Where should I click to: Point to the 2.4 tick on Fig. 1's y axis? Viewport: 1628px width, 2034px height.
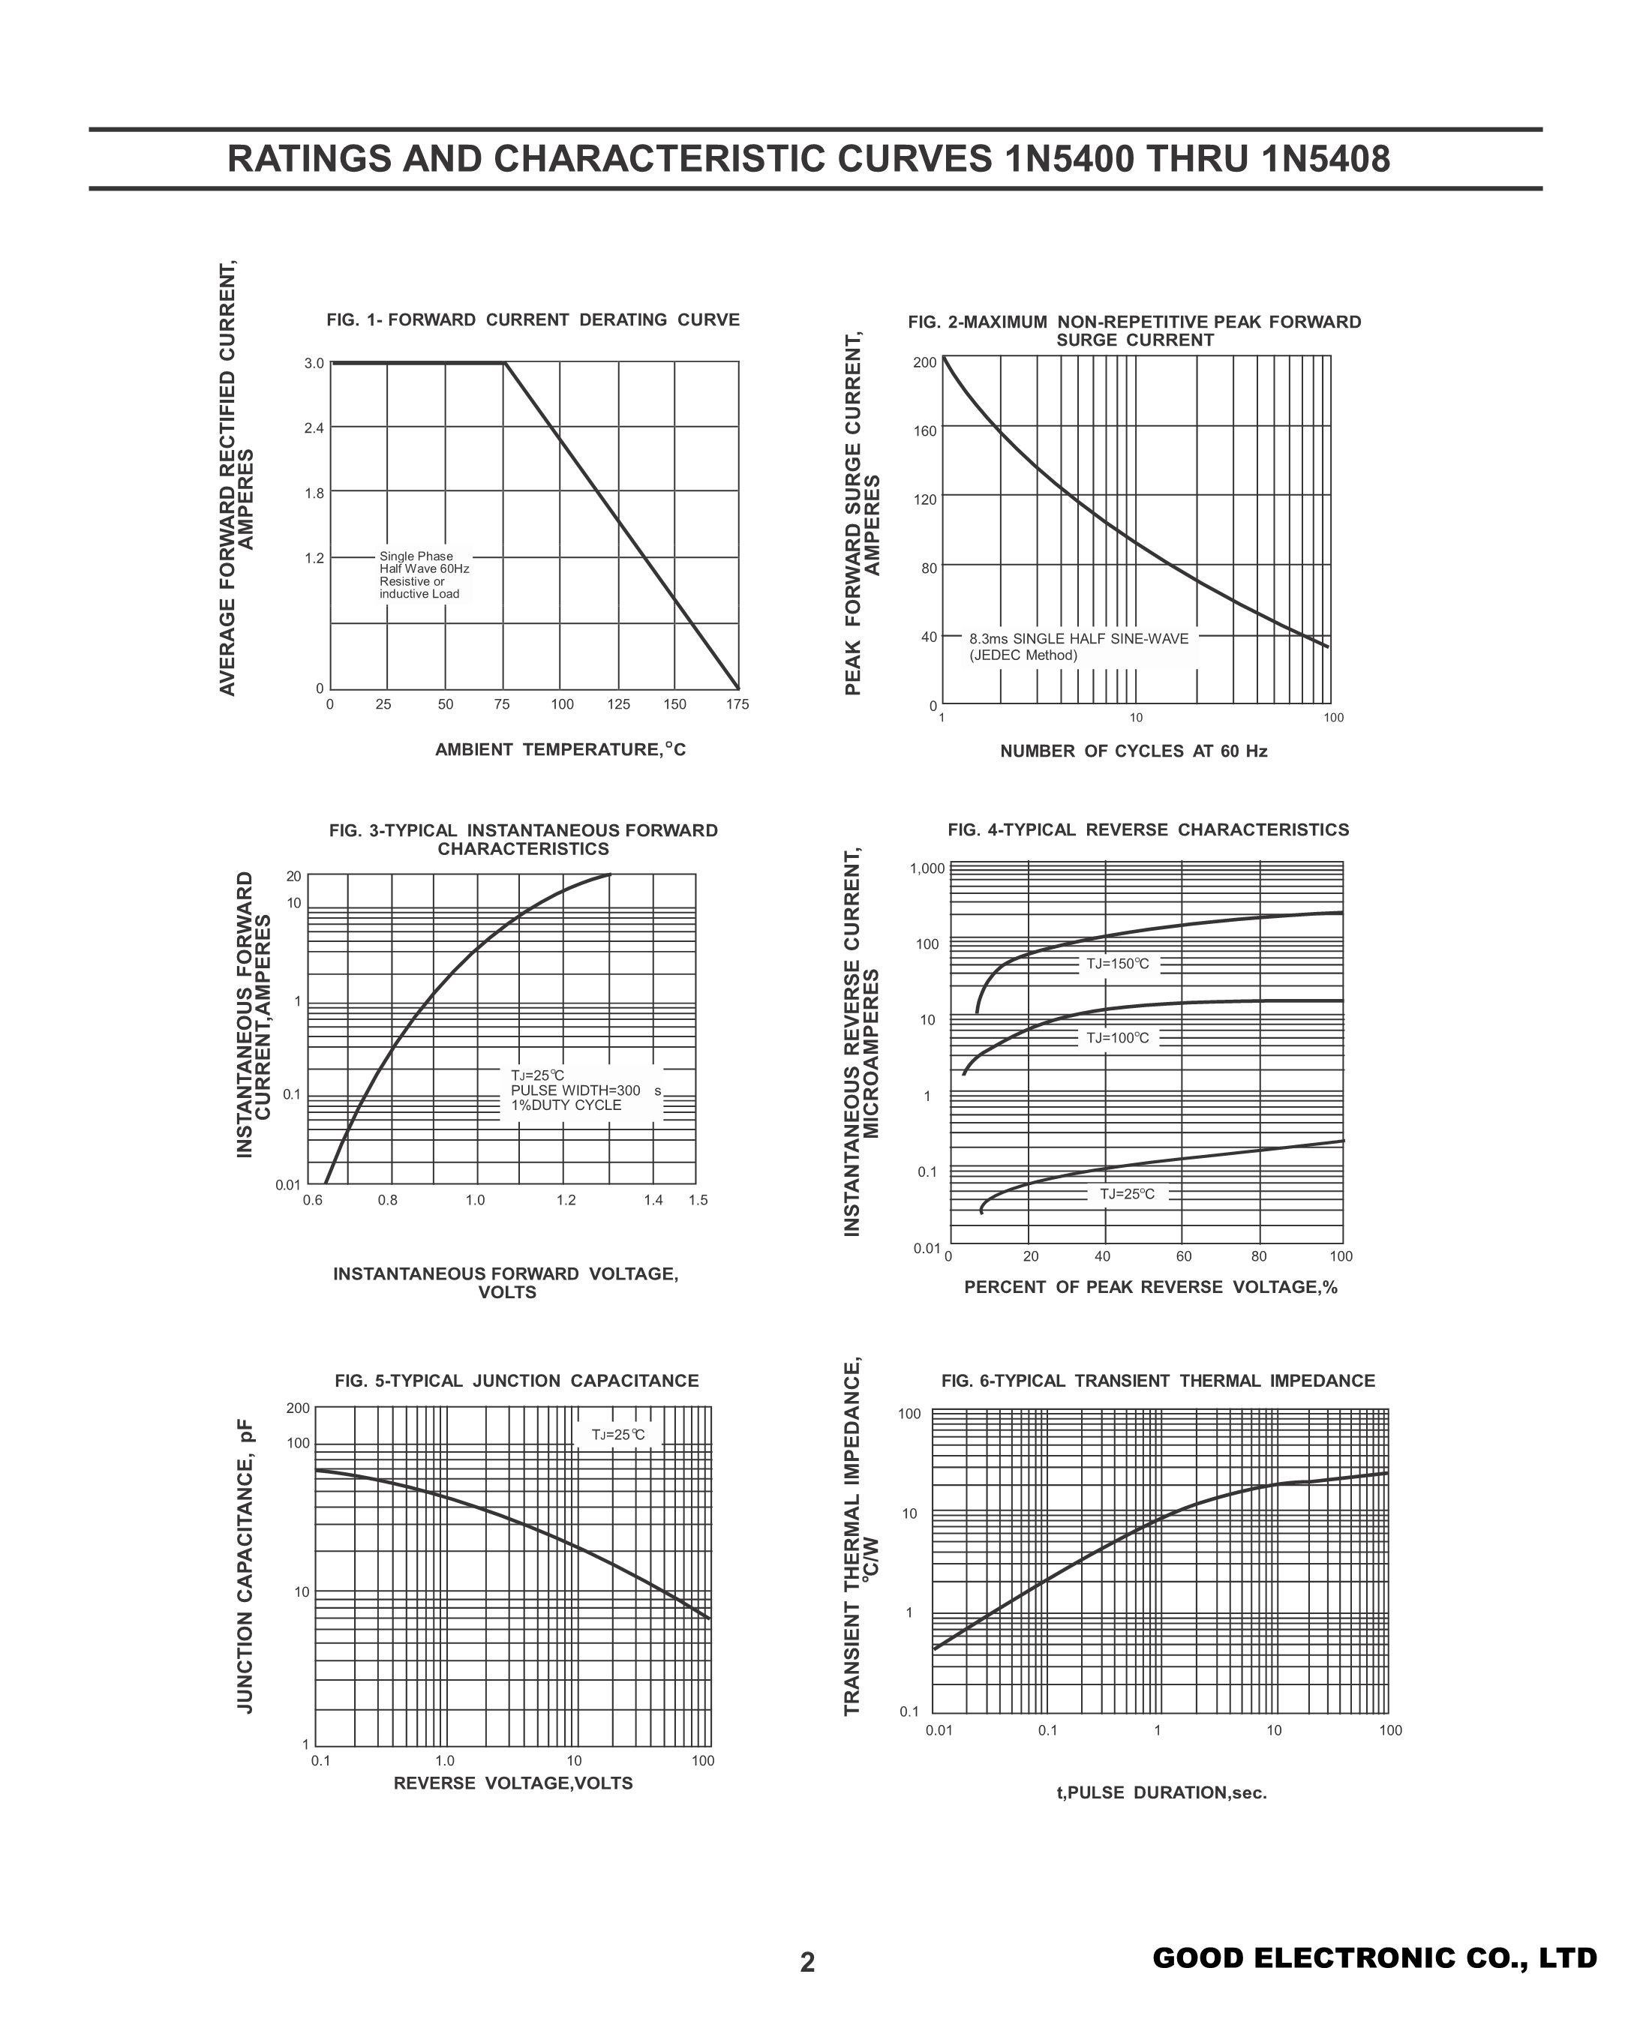click(314, 428)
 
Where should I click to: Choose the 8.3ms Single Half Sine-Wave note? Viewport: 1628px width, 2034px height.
click(1079, 647)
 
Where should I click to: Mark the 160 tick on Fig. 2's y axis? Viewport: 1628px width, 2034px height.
click(925, 432)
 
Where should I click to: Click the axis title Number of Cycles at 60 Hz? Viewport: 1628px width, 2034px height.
click(1134, 751)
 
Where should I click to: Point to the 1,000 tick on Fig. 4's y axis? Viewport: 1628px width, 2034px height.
click(927, 868)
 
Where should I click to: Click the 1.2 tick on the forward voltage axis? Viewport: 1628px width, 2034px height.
click(566, 1200)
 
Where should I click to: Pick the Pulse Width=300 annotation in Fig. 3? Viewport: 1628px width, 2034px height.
click(575, 1090)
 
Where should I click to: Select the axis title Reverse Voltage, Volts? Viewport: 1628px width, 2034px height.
click(512, 1783)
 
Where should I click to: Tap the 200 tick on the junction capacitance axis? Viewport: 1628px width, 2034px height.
click(299, 1408)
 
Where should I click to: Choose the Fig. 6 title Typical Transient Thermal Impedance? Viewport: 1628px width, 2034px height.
click(1158, 1381)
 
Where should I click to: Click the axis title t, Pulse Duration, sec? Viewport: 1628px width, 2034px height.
click(1161, 1792)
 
